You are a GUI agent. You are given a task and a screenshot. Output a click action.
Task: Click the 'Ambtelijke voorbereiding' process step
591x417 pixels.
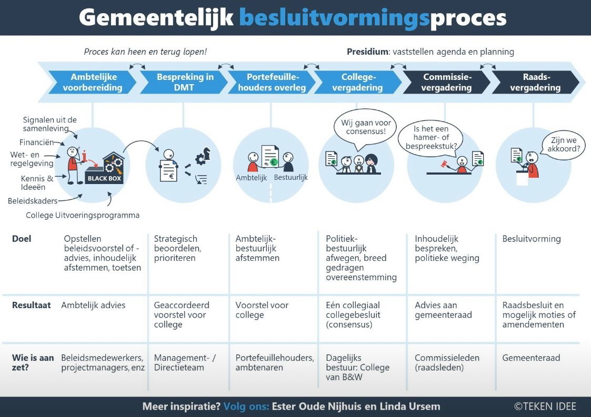point(93,83)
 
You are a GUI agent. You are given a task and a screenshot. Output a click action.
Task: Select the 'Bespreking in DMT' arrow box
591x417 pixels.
point(184,83)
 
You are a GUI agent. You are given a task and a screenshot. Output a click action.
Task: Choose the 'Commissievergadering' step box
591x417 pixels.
point(447,83)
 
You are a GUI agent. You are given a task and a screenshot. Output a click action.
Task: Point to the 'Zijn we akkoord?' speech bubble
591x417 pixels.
point(565,145)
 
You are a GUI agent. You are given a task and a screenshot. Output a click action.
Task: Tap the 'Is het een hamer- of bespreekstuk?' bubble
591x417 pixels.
point(430,137)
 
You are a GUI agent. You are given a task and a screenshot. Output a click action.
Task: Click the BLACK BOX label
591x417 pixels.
point(104,178)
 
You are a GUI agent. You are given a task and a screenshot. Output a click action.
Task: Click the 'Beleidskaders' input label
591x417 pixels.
point(32,200)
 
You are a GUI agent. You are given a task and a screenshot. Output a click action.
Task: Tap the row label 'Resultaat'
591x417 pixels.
point(31,305)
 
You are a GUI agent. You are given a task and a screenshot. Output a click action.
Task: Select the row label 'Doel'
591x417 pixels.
point(22,239)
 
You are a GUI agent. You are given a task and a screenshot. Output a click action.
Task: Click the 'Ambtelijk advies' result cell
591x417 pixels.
point(93,305)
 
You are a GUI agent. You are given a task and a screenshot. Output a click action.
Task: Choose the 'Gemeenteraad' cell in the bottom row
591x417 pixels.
point(530,358)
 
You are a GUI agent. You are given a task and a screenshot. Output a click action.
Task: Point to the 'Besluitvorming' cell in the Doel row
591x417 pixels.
point(531,239)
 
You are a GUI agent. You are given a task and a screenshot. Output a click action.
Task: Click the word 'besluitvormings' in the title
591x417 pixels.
point(334,18)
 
